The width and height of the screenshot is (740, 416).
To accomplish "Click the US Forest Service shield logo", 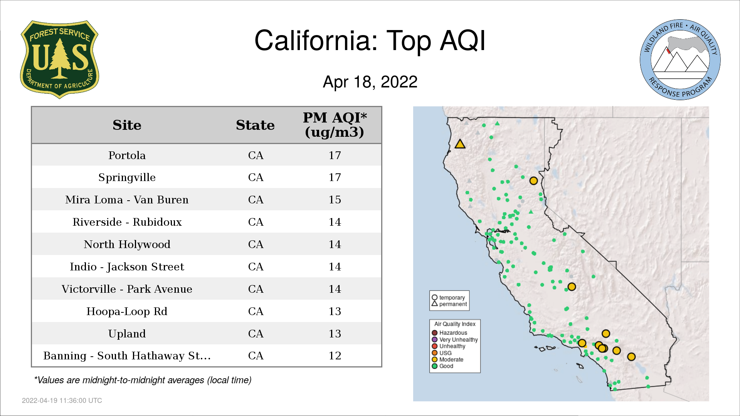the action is (x=59, y=59).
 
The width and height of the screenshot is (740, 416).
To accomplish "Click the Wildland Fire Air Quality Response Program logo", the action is (x=680, y=60).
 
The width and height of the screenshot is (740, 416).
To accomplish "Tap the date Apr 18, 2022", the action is (x=370, y=82).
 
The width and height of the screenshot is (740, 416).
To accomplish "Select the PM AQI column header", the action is (x=335, y=125).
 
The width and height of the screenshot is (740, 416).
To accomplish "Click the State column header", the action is (x=255, y=125).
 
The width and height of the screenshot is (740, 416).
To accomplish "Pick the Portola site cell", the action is (x=127, y=155).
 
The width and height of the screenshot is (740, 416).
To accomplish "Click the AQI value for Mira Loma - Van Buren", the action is (x=335, y=200).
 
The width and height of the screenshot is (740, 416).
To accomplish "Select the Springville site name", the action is (x=127, y=178).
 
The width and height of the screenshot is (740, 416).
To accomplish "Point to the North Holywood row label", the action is (x=127, y=244).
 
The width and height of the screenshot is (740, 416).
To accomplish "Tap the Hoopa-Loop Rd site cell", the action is (x=127, y=311).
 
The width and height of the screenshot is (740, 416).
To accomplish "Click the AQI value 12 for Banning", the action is (x=335, y=356).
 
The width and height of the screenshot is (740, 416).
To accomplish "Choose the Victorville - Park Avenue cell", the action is (x=127, y=289).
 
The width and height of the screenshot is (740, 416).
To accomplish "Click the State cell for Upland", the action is (x=256, y=334).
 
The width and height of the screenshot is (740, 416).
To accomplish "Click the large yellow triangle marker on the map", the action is (x=460, y=144).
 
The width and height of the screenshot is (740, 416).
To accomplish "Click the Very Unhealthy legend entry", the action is (x=455, y=340).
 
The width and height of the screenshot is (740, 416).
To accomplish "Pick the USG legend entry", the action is (x=442, y=353).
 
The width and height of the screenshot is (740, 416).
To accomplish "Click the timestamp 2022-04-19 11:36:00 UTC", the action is (x=62, y=401).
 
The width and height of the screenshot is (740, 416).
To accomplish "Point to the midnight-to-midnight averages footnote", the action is (x=143, y=380).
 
